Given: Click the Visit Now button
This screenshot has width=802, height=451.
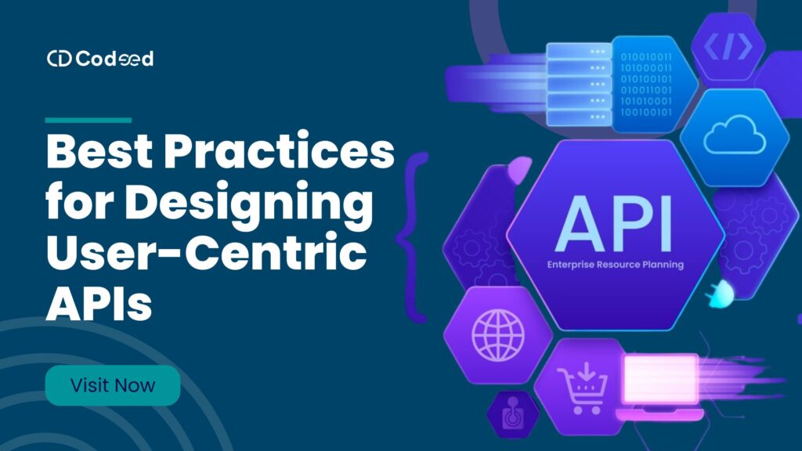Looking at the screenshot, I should point(113,385).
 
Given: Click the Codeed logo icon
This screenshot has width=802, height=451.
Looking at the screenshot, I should point(59,59).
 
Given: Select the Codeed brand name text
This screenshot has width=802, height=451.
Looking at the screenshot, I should point(114,59).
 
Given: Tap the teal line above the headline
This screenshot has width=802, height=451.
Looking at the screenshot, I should point(88,120).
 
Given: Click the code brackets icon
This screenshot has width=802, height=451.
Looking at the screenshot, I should point(728,48).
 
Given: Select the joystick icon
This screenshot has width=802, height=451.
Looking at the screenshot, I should point(512,415).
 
